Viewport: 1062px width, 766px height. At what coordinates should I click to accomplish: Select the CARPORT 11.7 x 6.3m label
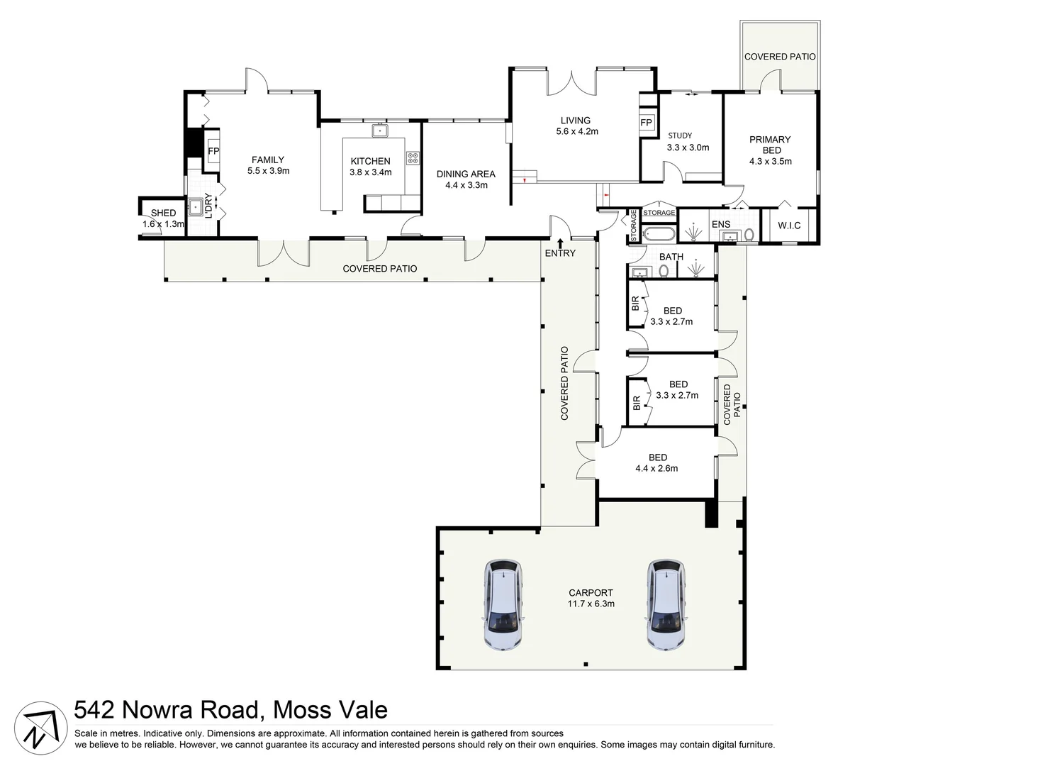point(591,598)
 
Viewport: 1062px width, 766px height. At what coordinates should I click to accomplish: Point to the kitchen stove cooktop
point(413,158)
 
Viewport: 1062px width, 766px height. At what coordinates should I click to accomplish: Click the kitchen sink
point(379,130)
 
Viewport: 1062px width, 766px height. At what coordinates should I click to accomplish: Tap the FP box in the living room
point(646,123)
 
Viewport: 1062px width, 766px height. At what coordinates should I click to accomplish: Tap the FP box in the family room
point(213,151)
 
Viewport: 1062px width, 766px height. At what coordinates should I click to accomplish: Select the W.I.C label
point(788,226)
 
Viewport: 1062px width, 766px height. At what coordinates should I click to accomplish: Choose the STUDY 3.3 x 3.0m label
point(687,142)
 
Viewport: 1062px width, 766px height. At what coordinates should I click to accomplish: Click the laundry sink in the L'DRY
point(195,208)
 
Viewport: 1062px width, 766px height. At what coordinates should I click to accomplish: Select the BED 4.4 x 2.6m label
point(657,462)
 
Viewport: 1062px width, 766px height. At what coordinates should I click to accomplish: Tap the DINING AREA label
point(466,179)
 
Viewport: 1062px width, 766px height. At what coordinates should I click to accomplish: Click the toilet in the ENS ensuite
point(749,235)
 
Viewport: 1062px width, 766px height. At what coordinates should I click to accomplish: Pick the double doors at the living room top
point(571,83)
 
